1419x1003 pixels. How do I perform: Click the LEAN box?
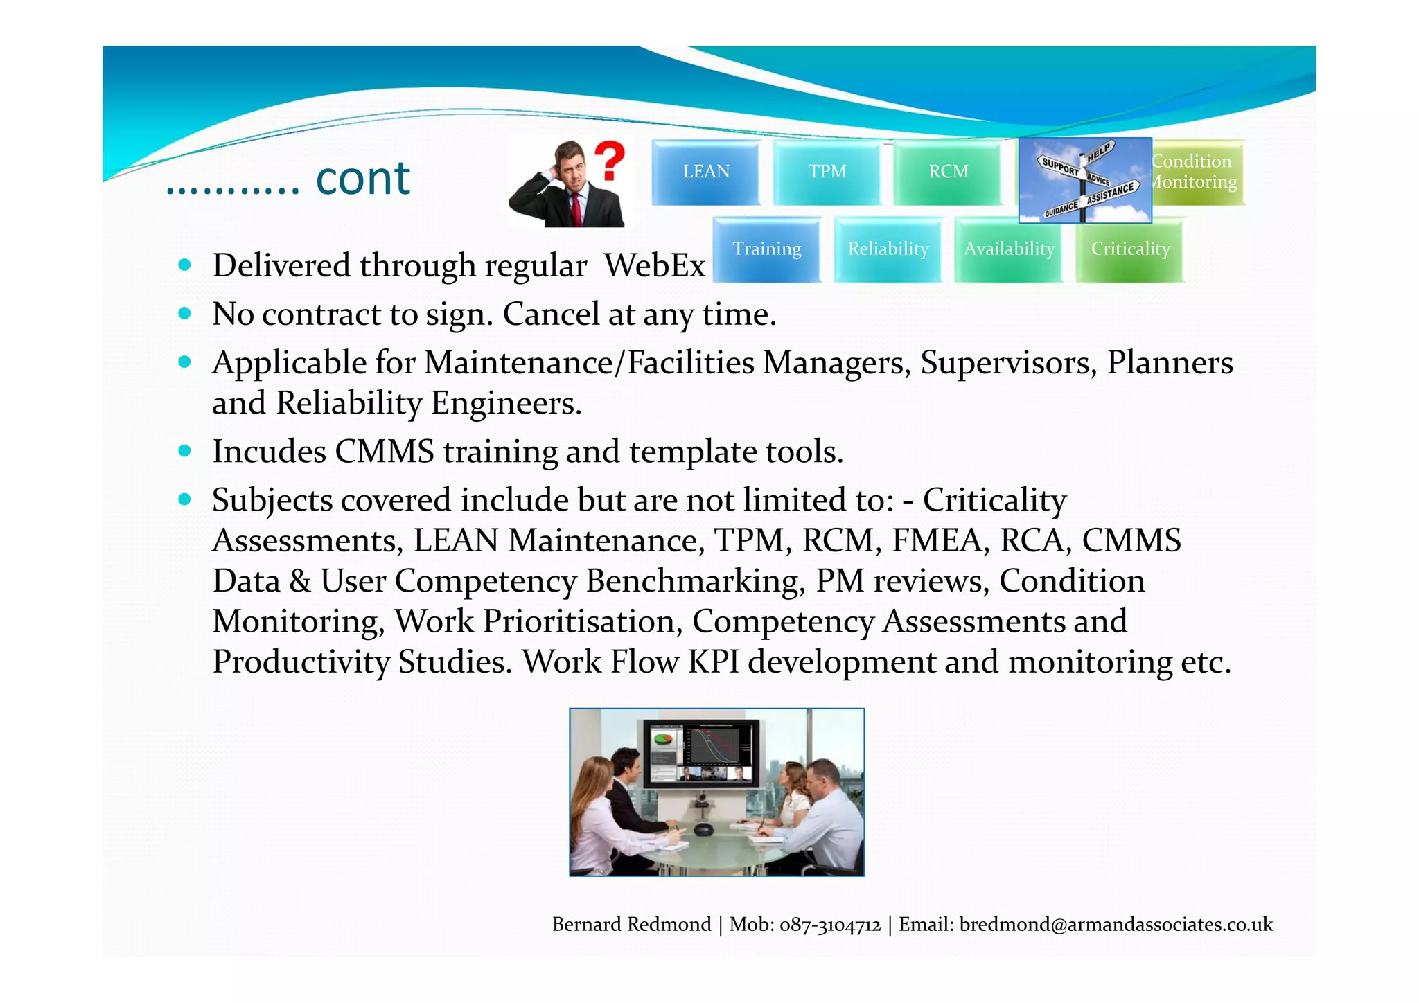tap(705, 172)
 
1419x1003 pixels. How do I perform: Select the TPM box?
tap(827, 172)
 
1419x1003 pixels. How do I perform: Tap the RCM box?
tap(948, 172)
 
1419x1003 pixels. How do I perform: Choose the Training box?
tap(766, 249)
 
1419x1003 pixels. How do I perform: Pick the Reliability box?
tap(888, 249)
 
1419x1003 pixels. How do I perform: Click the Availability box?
tap(1009, 249)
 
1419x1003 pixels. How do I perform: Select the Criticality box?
tap(1130, 249)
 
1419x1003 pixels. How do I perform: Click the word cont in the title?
tap(362, 179)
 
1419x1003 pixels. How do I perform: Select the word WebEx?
tap(654, 265)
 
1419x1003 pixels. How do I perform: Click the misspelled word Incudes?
tap(269, 452)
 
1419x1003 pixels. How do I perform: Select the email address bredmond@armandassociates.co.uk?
tap(1116, 925)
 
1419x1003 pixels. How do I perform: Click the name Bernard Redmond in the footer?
tap(631, 925)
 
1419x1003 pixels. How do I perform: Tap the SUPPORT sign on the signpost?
tap(1059, 167)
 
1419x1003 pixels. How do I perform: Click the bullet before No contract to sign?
tap(184, 313)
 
